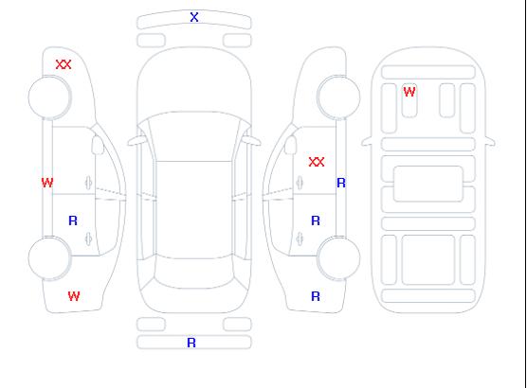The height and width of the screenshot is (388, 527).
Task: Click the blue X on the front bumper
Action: (x=194, y=17)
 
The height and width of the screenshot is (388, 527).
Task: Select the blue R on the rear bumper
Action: (x=191, y=343)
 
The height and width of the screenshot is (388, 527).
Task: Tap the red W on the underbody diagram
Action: (x=409, y=92)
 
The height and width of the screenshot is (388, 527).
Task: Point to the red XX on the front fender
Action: (x=64, y=64)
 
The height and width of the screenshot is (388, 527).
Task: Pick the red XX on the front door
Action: (x=317, y=162)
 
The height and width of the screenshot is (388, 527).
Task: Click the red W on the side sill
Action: (x=47, y=183)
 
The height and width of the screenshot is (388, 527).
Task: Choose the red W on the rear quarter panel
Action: (x=74, y=296)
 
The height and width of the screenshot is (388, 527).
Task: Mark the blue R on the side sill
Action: (x=341, y=183)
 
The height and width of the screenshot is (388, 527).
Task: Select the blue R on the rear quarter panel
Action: (x=316, y=296)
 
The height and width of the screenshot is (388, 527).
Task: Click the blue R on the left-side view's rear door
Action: (x=73, y=220)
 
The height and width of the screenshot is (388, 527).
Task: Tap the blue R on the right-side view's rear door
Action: (x=316, y=220)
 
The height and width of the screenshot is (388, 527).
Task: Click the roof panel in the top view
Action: (x=194, y=210)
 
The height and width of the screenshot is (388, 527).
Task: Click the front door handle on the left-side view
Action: (x=88, y=183)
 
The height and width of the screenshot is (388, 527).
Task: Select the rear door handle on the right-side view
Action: (x=300, y=238)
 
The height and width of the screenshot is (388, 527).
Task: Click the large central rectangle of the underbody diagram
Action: (x=428, y=184)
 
